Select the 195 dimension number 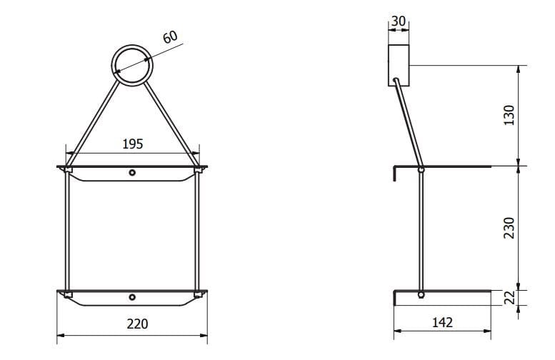pyautogui.click(x=132, y=144)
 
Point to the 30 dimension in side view pyautogui.click(x=398, y=22)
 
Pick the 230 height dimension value pyautogui.click(x=509, y=228)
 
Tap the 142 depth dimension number pyautogui.click(x=443, y=323)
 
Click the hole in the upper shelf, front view pyautogui.click(x=132, y=172)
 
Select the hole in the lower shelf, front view pyautogui.click(x=132, y=296)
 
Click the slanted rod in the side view pyautogui.click(x=408, y=121)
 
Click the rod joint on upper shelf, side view pyautogui.click(x=421, y=169)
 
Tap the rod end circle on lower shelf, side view pyautogui.click(x=421, y=294)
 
